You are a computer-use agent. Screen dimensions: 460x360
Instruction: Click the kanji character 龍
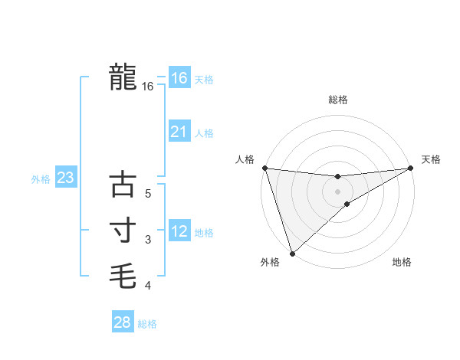click(x=123, y=77)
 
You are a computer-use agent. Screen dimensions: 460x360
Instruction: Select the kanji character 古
click(x=123, y=185)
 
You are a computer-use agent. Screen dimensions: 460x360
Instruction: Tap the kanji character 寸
click(x=123, y=229)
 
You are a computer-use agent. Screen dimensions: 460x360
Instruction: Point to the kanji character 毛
click(x=123, y=273)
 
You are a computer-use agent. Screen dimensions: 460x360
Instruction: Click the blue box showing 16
click(x=179, y=78)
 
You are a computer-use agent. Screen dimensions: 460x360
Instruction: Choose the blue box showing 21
click(x=179, y=132)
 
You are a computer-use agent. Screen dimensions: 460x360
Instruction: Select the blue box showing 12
click(x=179, y=231)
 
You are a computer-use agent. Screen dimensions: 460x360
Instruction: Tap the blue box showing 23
click(x=65, y=178)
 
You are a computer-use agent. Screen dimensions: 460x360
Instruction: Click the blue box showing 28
click(x=122, y=322)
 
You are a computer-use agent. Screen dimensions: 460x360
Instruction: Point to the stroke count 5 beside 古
click(x=149, y=194)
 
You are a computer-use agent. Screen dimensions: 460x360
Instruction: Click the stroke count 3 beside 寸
click(x=149, y=240)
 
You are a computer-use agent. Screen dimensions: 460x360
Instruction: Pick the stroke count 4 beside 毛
click(x=149, y=286)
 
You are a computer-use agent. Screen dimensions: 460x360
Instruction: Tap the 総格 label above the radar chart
click(x=337, y=100)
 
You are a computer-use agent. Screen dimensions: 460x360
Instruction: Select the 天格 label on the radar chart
click(x=432, y=159)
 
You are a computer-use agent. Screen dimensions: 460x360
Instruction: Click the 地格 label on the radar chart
click(x=402, y=262)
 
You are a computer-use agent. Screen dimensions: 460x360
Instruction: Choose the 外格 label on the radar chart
click(x=270, y=262)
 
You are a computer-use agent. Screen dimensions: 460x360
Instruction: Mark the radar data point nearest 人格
click(x=264, y=168)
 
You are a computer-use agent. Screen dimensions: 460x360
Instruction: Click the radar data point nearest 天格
click(x=410, y=168)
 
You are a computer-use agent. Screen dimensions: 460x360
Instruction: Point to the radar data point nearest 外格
click(x=292, y=253)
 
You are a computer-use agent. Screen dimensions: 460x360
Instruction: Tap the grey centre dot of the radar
click(x=337, y=191)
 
